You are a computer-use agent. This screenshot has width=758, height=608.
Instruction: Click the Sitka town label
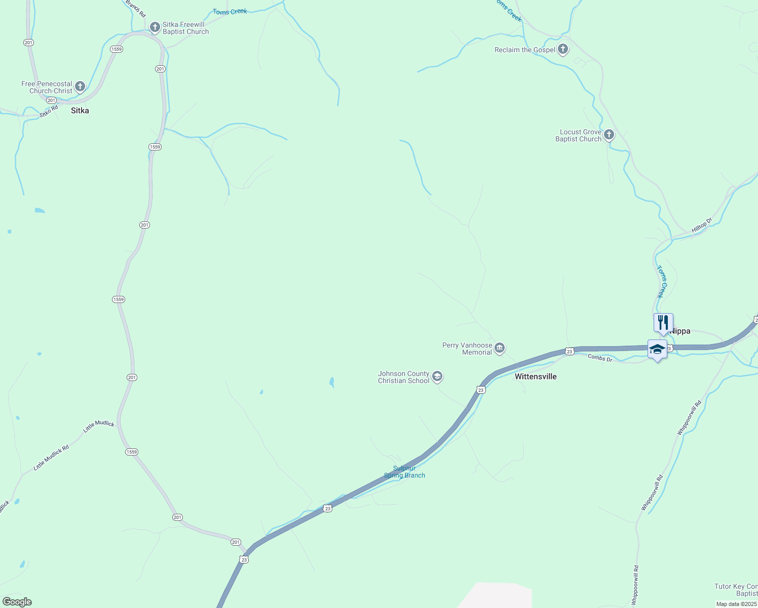point(80,110)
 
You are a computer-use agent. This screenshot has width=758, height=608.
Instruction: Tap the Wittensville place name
point(536,376)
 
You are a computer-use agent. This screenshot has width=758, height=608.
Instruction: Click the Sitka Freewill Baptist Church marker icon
point(155,27)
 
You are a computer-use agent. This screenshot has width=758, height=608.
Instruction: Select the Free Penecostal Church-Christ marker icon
point(80,87)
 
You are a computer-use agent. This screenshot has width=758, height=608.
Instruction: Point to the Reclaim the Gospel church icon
point(562,49)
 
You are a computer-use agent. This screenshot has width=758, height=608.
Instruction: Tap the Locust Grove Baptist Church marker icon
point(609,135)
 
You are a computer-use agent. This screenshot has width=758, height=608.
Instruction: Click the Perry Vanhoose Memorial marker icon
point(500,348)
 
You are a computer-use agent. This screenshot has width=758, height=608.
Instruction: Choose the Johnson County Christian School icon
point(437,376)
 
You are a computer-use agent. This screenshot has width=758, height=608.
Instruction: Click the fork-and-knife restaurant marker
point(663,322)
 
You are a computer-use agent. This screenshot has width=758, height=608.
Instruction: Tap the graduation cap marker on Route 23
point(657,350)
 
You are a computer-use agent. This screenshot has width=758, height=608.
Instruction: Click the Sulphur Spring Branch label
point(404,472)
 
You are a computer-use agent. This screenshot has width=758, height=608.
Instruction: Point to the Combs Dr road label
point(600,358)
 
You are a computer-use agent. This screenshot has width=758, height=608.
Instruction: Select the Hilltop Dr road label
point(702,225)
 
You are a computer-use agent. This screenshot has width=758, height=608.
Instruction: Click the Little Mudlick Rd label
point(51,458)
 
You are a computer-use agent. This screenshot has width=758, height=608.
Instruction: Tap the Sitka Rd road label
point(49,111)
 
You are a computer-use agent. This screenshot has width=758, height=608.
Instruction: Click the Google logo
point(17,602)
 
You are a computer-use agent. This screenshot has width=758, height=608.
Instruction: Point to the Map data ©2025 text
point(736,604)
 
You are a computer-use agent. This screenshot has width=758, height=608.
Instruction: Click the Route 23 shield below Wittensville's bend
point(481,390)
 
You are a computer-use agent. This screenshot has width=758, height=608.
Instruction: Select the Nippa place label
point(680,331)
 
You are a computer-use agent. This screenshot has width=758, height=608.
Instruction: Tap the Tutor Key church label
point(736,590)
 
